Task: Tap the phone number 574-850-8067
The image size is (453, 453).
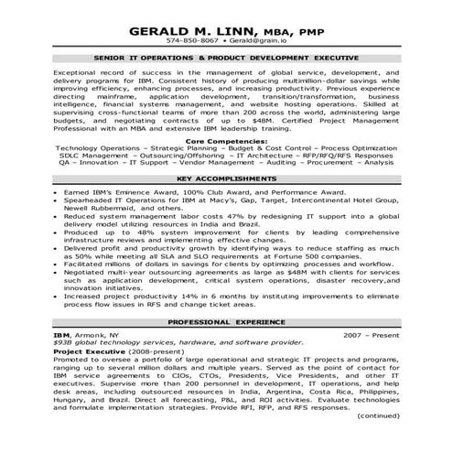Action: coord(193,41)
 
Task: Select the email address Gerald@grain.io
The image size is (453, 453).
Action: coord(258,41)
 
